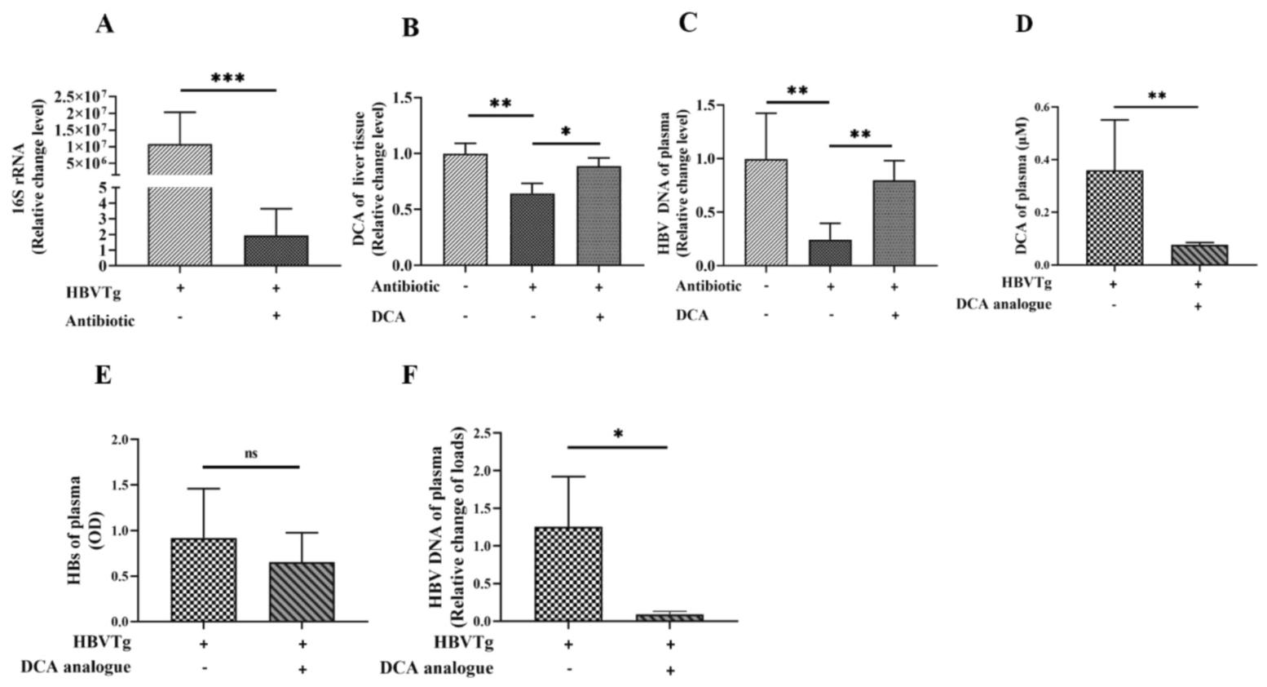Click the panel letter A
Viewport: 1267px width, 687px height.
tap(104, 24)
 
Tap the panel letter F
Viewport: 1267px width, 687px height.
tap(410, 376)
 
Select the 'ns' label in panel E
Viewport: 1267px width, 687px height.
tap(250, 454)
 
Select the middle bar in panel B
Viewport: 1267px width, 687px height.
tap(532, 229)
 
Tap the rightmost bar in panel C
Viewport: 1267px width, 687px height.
tap(894, 223)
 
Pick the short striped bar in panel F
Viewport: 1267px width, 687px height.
tap(669, 618)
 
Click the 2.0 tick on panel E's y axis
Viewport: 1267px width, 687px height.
tap(119, 440)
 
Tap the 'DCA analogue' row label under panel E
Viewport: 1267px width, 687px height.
tap(76, 667)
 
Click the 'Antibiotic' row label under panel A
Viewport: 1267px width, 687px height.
tap(99, 321)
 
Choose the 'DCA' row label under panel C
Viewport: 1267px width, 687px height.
tap(692, 315)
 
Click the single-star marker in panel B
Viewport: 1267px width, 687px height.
tap(566, 132)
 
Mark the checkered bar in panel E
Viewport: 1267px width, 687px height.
tap(203, 579)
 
